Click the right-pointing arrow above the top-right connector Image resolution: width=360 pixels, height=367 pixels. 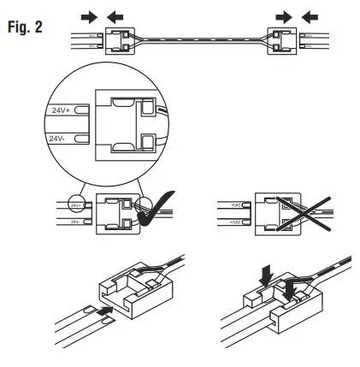coord(282,15)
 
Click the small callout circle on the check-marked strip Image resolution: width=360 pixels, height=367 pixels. coord(75,205)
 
